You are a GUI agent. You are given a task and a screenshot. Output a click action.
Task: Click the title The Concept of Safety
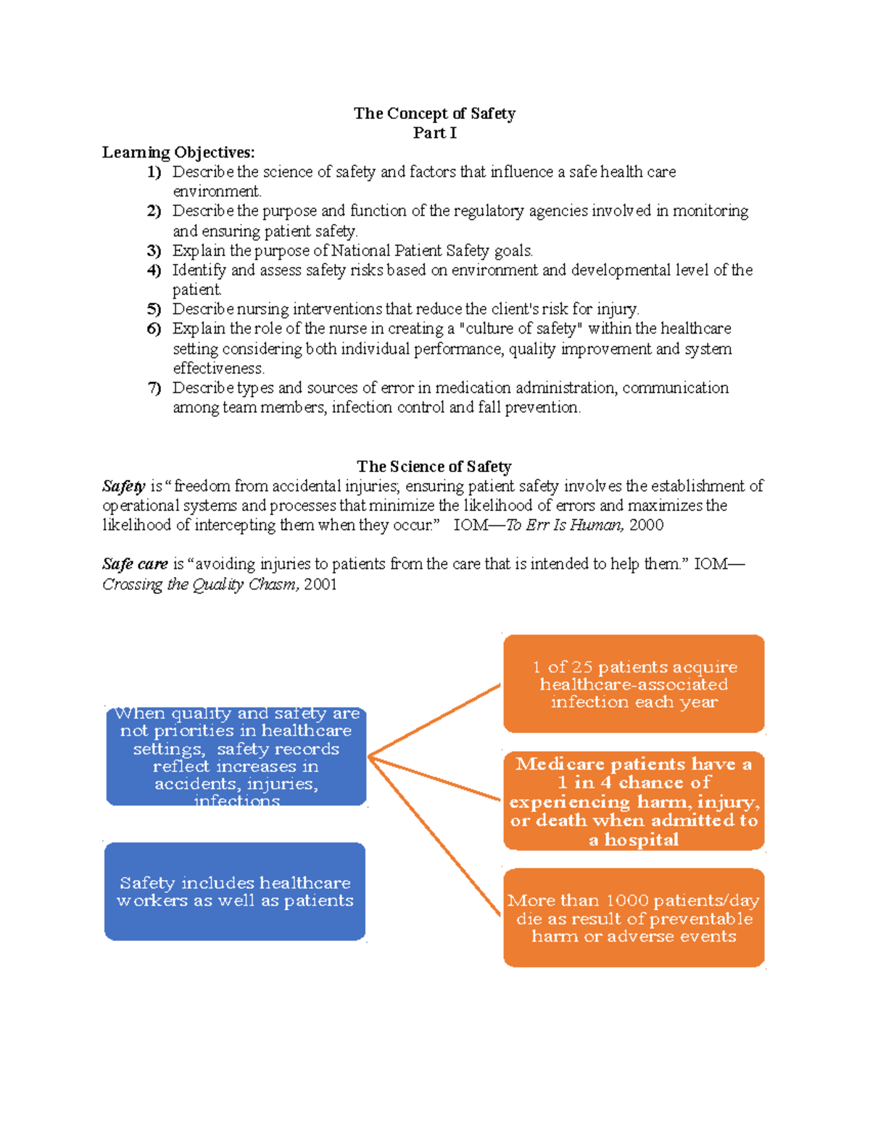point(434,113)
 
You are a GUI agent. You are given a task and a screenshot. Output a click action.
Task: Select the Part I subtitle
point(434,133)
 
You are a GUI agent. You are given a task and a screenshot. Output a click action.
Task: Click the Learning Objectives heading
point(178,152)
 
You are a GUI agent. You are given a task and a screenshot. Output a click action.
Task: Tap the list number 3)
point(154,251)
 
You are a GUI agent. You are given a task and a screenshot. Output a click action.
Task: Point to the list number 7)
point(154,388)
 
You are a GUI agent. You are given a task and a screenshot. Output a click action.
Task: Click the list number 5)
point(154,310)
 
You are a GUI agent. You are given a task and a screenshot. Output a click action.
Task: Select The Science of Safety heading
point(434,466)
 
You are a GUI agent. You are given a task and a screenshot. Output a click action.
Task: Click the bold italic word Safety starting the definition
point(123,487)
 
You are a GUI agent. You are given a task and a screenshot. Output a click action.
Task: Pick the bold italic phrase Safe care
point(135,564)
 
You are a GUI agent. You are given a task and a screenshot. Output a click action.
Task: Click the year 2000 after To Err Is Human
point(646,525)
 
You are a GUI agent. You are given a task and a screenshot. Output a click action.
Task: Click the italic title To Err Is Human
point(563,525)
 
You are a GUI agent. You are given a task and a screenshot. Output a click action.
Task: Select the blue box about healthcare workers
point(235,892)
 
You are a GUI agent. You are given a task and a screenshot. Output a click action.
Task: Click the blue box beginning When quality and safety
point(236,757)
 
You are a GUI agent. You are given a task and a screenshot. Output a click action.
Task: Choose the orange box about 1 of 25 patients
point(634,684)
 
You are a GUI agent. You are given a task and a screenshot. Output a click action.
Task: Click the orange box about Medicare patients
point(634,800)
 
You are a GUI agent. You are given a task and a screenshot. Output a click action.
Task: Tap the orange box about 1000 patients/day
point(634,918)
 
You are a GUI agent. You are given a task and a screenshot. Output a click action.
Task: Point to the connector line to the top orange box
point(435,720)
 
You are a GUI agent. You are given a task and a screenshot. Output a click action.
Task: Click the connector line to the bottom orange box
point(435,835)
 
